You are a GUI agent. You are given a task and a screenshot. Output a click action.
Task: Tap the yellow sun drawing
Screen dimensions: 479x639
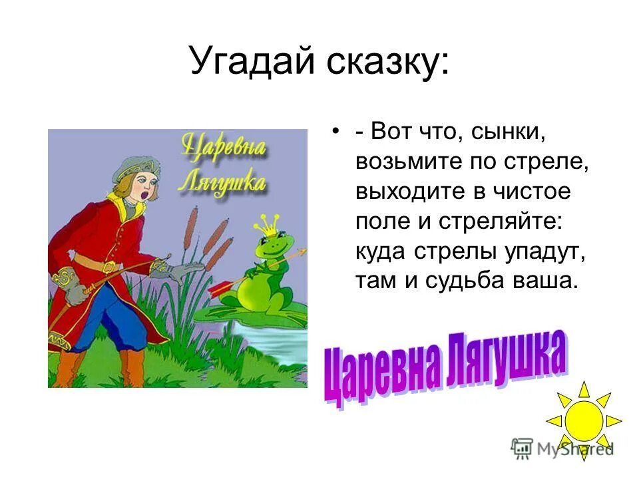584,419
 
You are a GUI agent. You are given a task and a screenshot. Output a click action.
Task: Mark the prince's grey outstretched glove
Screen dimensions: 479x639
177,269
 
